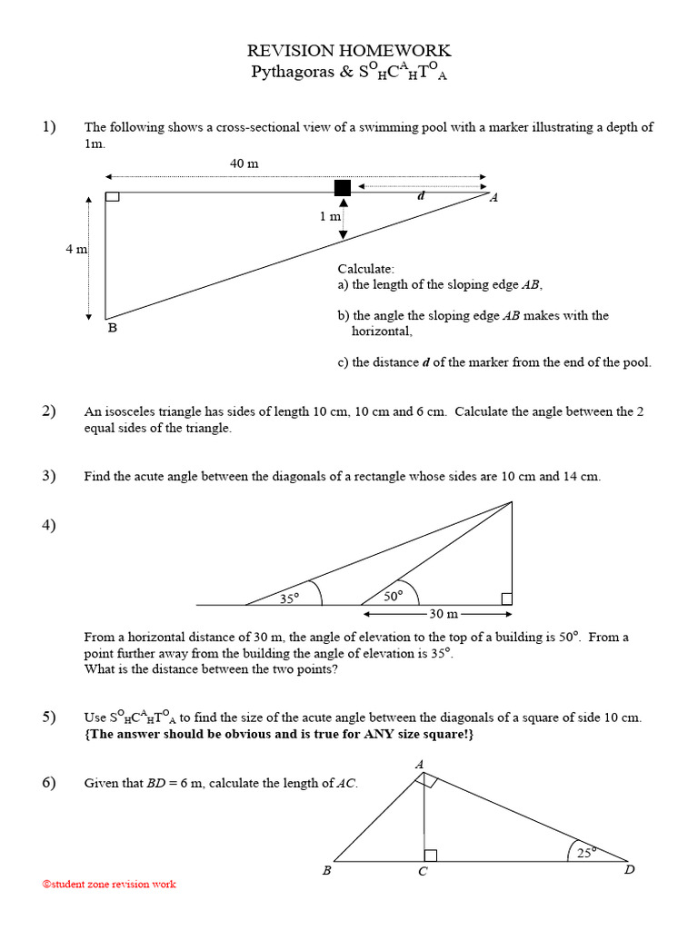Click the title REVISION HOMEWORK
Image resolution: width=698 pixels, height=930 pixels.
coord(349,51)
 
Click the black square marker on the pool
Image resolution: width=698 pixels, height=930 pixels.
coord(343,188)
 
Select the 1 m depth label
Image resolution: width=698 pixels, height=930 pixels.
coord(330,217)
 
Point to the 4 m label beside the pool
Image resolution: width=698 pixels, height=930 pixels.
coord(75,249)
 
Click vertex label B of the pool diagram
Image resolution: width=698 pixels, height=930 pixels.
coord(113,328)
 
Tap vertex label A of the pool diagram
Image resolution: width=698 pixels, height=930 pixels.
coord(494,198)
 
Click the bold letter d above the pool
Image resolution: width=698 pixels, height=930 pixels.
coord(421,195)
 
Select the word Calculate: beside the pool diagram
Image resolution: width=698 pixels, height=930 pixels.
coord(366,269)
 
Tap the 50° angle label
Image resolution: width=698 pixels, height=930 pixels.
coord(394,596)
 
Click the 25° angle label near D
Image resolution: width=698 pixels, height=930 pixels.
coord(587,852)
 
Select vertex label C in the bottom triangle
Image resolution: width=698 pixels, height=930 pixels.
coord(423,872)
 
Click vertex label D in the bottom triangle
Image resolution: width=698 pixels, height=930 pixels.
coord(629,871)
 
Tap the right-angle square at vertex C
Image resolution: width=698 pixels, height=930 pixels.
coord(431,856)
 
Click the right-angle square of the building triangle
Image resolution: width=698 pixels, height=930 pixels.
coord(507,599)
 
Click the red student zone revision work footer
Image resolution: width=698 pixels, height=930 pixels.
coord(109,884)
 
